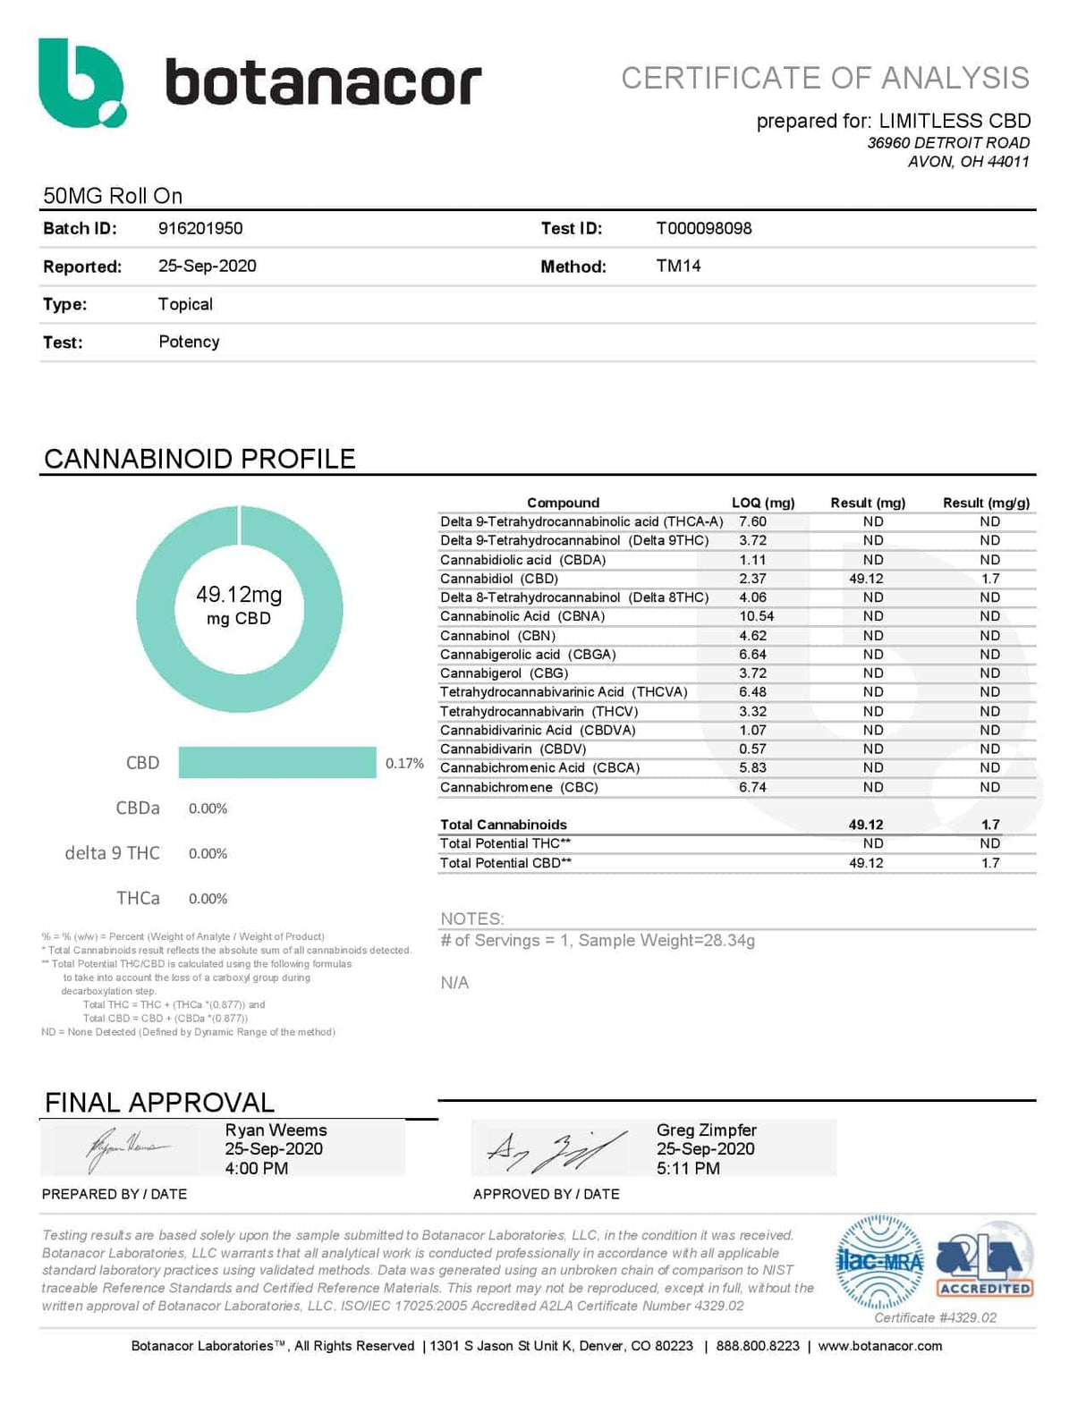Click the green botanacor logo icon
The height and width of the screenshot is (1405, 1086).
(x=81, y=82)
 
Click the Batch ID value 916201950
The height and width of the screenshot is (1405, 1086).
(x=200, y=228)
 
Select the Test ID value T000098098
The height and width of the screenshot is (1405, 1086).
(x=703, y=228)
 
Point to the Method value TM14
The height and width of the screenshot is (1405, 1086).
(x=678, y=266)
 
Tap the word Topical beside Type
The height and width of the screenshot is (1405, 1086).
(x=185, y=304)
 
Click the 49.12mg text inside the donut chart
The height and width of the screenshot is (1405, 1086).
(x=239, y=595)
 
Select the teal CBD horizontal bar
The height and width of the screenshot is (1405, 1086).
(x=277, y=762)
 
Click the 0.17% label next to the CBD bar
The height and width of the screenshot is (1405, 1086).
(x=404, y=763)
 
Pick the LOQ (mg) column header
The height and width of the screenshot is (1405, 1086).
(x=763, y=503)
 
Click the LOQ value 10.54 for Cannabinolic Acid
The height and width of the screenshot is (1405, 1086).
(x=756, y=616)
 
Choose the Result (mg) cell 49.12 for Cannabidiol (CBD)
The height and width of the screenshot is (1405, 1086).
(x=866, y=579)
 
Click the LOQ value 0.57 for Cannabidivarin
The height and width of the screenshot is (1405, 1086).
(x=752, y=749)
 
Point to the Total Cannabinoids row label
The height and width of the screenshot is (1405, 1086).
(x=503, y=825)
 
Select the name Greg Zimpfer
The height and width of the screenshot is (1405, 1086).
(x=706, y=1130)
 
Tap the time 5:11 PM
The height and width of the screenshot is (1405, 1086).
(x=688, y=1168)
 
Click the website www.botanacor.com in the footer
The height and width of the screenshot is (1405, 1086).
(x=879, y=1346)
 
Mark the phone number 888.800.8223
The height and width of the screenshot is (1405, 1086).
(x=758, y=1346)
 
